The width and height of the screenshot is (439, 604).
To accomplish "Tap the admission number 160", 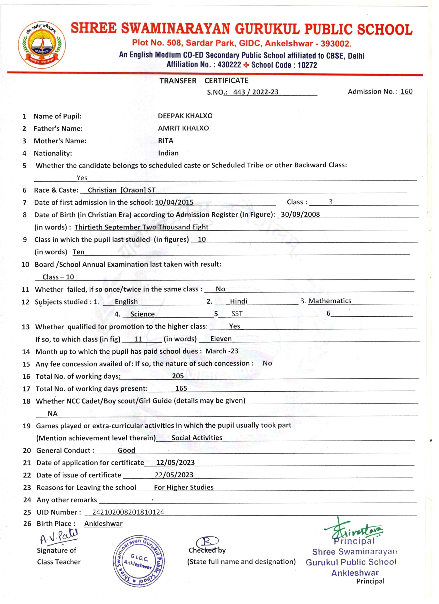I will [x=406, y=92].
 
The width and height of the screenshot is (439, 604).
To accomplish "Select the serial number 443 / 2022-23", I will [x=256, y=92].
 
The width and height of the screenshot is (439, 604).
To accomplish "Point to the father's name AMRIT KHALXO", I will [x=183, y=128].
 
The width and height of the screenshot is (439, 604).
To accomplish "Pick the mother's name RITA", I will [x=165, y=141].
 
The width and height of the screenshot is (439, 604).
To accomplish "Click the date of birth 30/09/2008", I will [x=300, y=214].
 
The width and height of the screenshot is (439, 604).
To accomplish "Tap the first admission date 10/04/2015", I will [x=174, y=202].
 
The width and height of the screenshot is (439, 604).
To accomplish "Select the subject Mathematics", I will [x=330, y=301].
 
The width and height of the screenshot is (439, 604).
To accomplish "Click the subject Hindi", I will [x=238, y=301].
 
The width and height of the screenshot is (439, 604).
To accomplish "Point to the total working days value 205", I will [x=178, y=376].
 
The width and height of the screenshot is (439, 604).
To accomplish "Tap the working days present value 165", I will [x=181, y=388].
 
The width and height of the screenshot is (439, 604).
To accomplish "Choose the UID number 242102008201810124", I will [x=128, y=512].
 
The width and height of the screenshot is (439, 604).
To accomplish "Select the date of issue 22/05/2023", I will [x=174, y=475].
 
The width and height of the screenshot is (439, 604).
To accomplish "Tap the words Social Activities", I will [x=197, y=438].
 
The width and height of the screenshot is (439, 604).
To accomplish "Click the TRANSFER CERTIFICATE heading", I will [x=204, y=81].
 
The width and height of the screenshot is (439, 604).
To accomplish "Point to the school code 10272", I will [x=307, y=65].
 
